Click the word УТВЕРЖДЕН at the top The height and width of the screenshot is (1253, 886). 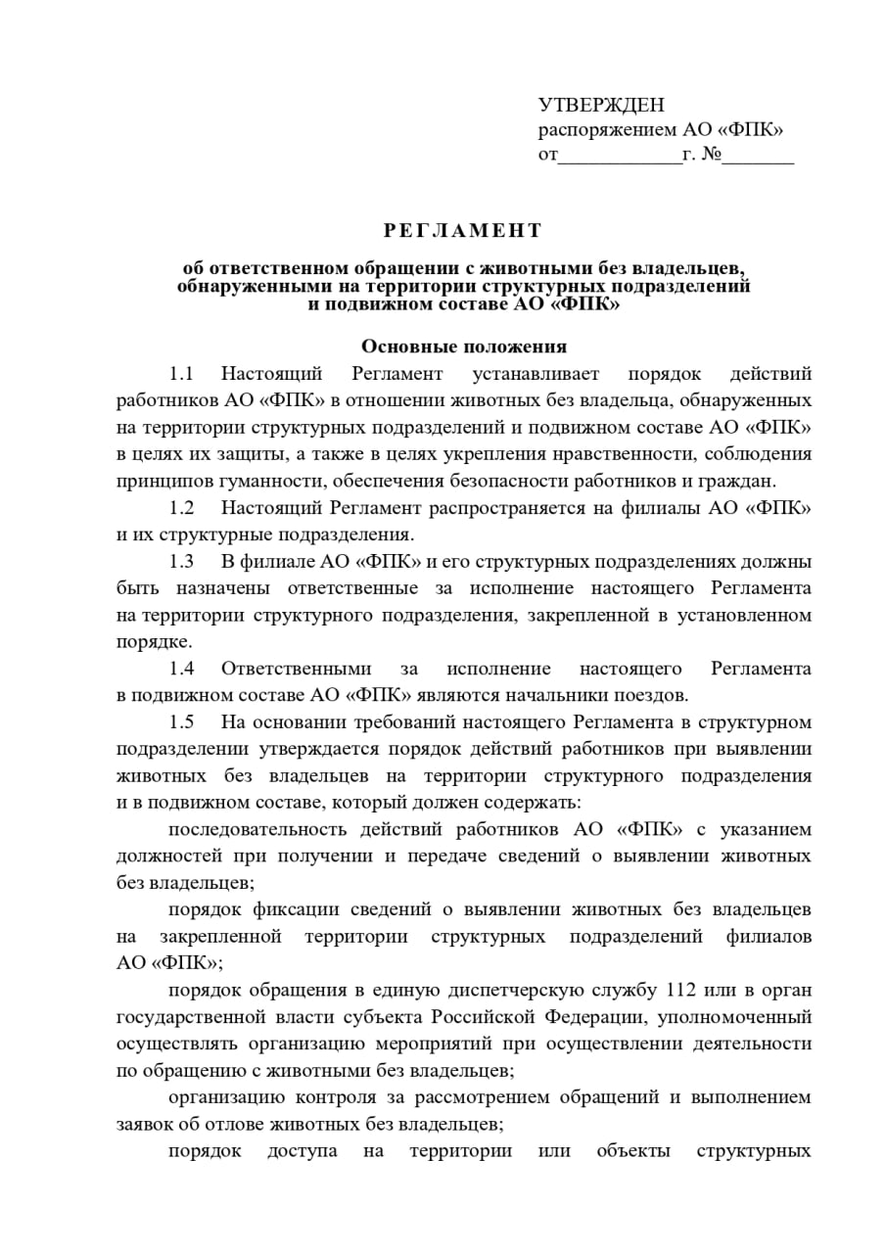point(601,106)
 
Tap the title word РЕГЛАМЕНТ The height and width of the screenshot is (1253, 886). point(462,231)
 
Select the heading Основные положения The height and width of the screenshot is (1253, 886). point(464,347)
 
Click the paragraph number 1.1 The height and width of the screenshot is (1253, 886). point(182,374)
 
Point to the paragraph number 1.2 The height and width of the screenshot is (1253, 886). point(182,508)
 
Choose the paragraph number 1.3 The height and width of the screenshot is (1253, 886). point(182,562)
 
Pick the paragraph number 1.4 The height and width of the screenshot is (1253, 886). point(182,669)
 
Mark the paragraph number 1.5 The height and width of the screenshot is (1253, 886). point(182,722)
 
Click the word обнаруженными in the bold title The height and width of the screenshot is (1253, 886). point(267,287)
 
